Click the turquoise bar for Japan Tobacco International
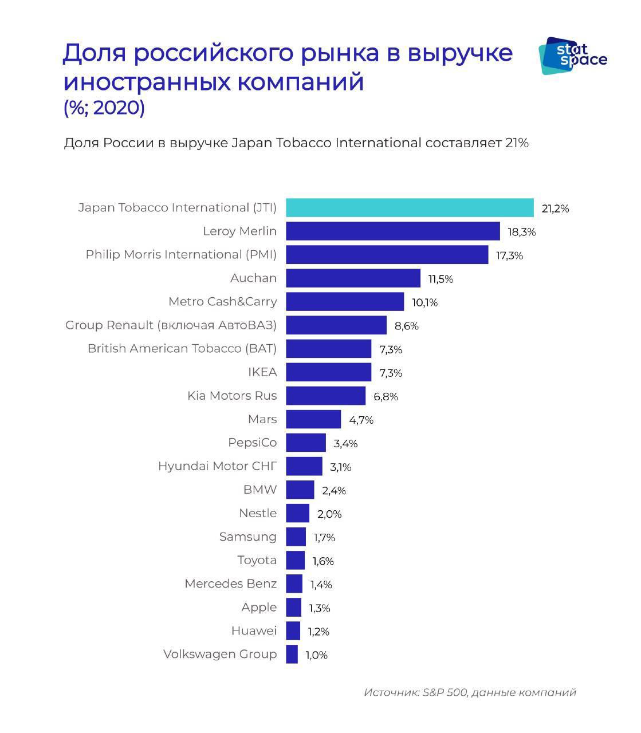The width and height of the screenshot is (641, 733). click(410, 208)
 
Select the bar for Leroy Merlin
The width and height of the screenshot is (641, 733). click(393, 231)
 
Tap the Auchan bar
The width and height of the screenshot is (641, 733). click(353, 278)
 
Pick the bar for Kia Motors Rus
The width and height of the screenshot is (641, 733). click(325, 396)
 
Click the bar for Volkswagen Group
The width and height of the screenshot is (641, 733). click(292, 654)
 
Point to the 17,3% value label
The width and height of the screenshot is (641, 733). click(509, 255)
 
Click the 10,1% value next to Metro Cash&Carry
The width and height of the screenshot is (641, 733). click(424, 302)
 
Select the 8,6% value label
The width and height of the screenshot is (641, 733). click(406, 326)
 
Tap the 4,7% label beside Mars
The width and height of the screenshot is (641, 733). click(361, 420)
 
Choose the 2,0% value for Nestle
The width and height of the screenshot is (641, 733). click(329, 514)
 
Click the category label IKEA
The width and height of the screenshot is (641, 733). click(262, 372)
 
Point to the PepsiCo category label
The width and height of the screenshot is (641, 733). click(252, 443)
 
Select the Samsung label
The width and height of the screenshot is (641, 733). click(247, 537)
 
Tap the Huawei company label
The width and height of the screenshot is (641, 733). click(254, 630)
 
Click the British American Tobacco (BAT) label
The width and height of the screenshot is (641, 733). click(182, 348)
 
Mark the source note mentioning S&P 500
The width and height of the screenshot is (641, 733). click(470, 692)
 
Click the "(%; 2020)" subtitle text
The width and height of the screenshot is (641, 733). click(104, 108)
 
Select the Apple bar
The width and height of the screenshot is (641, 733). click(294, 607)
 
